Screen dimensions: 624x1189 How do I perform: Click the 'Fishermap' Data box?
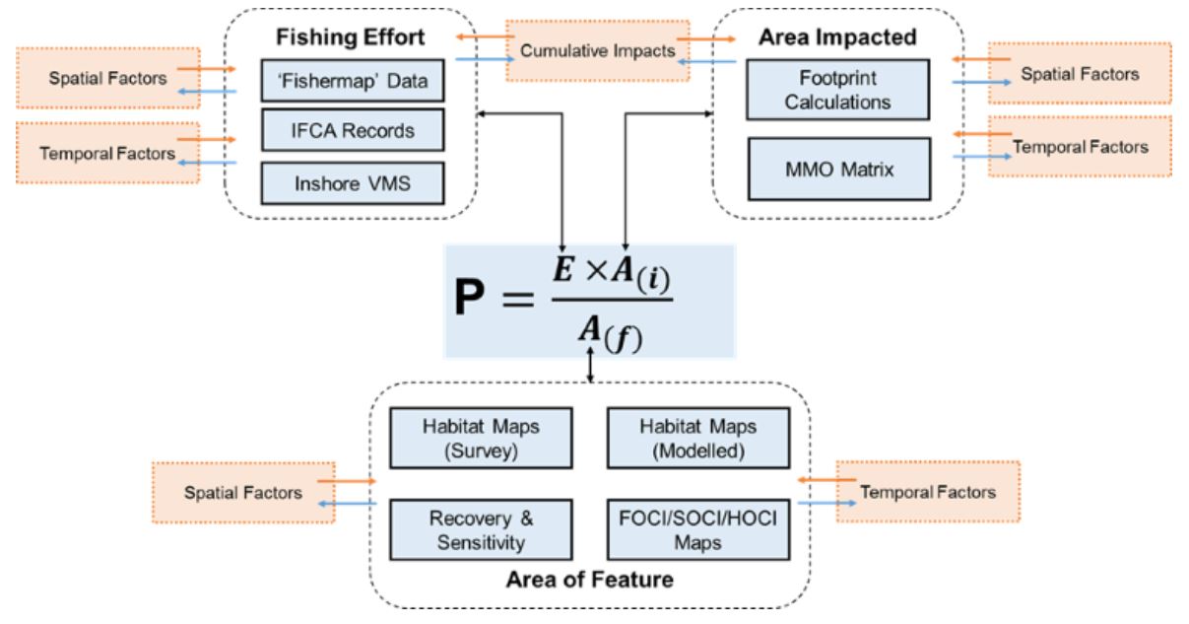353,81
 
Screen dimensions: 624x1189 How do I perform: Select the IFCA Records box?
353,129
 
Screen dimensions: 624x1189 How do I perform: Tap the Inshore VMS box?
353,182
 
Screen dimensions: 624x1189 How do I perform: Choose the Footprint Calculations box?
837,89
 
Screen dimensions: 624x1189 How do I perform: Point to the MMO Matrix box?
837,169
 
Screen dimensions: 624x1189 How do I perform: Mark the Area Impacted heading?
837,37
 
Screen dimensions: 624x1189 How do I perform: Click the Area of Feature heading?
589,579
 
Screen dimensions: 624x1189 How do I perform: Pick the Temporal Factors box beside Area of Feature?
927,491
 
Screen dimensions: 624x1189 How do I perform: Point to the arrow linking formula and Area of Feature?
589,367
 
